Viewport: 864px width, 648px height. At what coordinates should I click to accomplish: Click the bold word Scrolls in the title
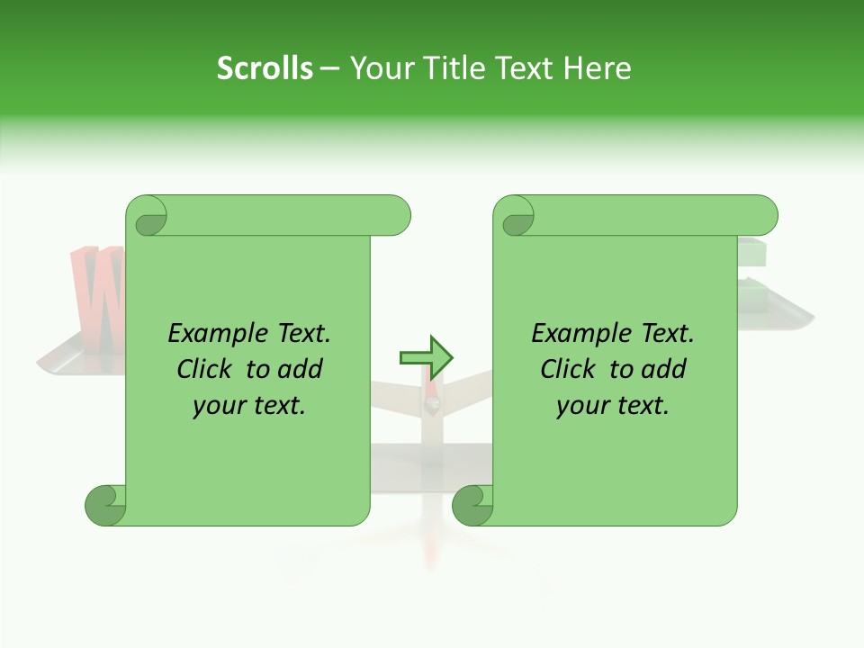265,68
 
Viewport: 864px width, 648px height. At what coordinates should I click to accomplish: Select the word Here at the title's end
597,68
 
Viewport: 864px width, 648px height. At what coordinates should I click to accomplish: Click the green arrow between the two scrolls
426,357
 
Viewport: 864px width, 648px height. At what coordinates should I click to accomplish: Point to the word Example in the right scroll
571,334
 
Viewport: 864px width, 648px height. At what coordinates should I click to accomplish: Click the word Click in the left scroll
204,370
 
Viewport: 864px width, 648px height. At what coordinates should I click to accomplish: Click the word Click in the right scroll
568,370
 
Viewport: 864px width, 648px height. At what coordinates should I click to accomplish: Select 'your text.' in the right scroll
613,406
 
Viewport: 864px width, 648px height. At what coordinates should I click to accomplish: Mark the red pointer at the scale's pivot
433,397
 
